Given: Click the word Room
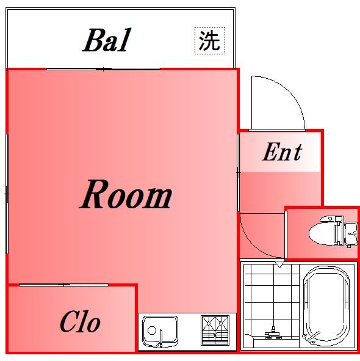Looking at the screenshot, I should click(126, 195).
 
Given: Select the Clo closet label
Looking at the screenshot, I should click(80, 321).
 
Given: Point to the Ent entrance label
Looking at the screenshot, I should click(282, 151).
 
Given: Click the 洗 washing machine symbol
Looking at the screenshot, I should click(209, 40).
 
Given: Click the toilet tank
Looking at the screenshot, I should click(350, 232).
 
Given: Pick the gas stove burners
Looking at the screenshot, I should click(215, 330).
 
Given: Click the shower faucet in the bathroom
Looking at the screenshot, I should click(273, 333).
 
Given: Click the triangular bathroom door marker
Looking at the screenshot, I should click(279, 264).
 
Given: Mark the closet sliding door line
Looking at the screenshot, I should click(63, 285).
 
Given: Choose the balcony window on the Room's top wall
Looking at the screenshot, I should click(104, 69).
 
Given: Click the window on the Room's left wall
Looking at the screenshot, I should click(7, 193).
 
